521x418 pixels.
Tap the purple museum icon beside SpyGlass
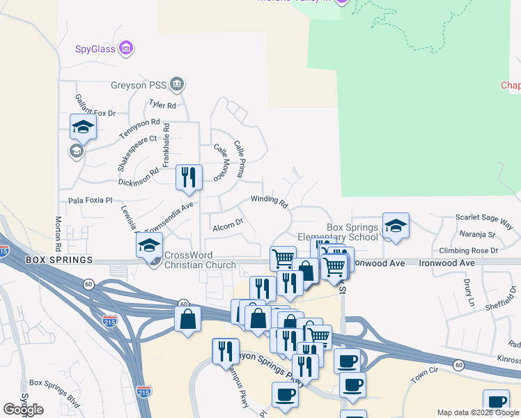(x=126, y=48)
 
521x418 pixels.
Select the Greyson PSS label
(x=139, y=86)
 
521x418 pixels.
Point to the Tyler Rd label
(x=162, y=105)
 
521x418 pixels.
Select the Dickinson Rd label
(x=139, y=176)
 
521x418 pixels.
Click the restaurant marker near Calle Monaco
(x=188, y=177)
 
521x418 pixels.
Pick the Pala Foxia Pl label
(x=90, y=200)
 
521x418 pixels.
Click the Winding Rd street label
(x=270, y=201)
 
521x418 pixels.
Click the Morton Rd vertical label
(x=58, y=233)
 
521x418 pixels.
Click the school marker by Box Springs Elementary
(x=396, y=226)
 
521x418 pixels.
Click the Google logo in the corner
(x=22, y=410)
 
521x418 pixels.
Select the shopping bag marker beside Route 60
(x=187, y=319)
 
